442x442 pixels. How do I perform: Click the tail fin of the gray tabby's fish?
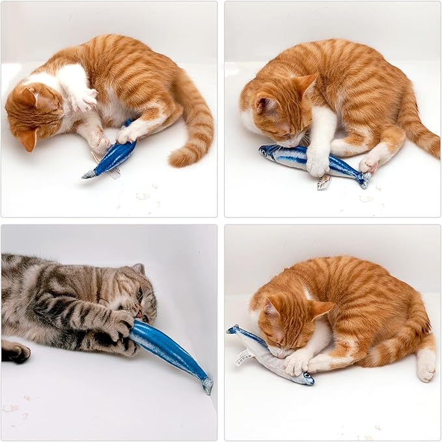coord(207,385)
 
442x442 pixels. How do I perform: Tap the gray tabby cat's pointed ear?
coord(139,268)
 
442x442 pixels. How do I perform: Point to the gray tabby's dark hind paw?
coord(16,352)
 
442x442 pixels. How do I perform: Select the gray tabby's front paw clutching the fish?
coord(120,322)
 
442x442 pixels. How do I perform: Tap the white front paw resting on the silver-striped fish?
coord(318,165)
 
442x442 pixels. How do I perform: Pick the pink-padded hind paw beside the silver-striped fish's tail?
coord(369,163)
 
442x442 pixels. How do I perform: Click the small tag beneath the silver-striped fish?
coord(324,183)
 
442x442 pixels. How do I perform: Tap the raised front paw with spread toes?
coord(84,98)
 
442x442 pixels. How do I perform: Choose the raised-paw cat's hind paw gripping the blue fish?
coord(128,133)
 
